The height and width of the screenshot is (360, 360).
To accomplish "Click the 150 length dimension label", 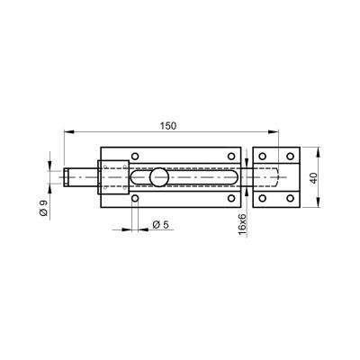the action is click(x=168, y=126).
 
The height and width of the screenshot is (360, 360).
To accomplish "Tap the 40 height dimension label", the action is click(x=313, y=178).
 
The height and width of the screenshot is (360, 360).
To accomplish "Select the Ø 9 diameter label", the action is click(x=44, y=208).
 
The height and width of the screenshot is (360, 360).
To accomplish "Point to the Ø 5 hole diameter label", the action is click(x=160, y=225).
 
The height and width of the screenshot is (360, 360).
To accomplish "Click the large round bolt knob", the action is click(x=159, y=177).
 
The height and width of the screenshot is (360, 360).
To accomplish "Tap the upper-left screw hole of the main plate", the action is click(x=135, y=157).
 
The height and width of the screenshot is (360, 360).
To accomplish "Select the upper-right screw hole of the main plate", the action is click(x=231, y=157).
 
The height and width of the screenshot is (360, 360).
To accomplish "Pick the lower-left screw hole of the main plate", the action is click(x=135, y=198).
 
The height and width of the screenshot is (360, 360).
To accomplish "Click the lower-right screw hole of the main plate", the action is click(x=231, y=198).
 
